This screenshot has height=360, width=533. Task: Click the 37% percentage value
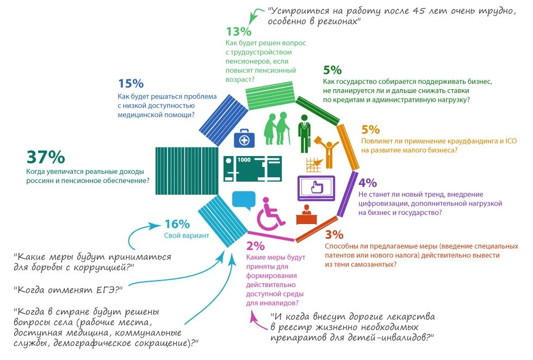(x=46, y=158)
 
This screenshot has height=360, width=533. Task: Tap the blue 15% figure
(x=131, y=83)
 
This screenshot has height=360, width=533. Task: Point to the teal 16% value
(x=177, y=224)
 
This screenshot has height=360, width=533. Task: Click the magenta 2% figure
(x=255, y=245)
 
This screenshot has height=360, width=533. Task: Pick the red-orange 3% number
(x=334, y=235)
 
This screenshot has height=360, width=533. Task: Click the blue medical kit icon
(x=244, y=139)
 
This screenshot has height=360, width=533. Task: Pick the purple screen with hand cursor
(x=315, y=187)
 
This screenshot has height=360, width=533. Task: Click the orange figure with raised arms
(x=328, y=153)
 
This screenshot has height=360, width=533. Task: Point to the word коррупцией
(x=95, y=268)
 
